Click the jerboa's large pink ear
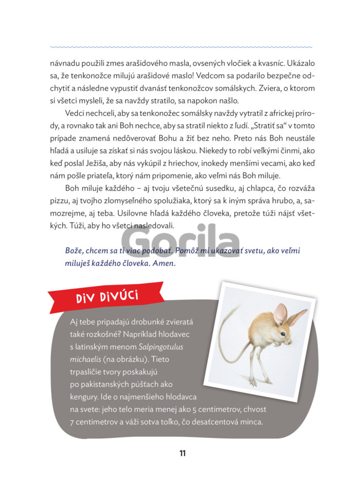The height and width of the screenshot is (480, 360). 280,314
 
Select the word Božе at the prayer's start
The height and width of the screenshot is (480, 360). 75,251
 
